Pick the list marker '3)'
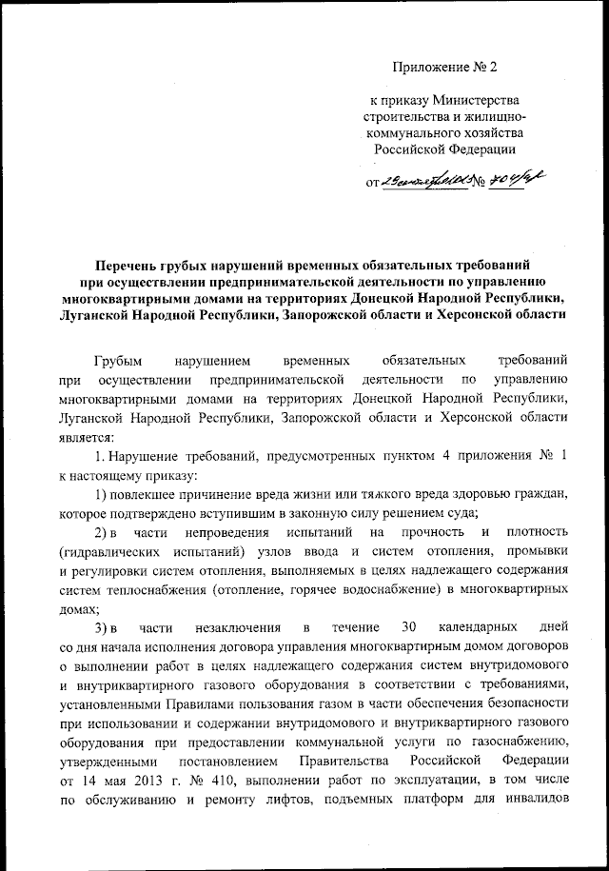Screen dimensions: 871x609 tap(103, 628)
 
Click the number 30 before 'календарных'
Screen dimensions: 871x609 tap(386, 628)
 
